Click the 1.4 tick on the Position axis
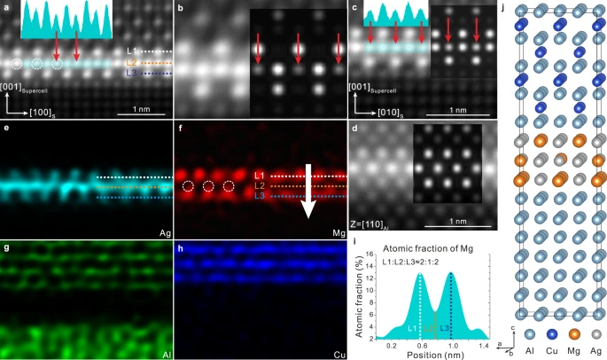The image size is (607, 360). (x=483, y=346)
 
